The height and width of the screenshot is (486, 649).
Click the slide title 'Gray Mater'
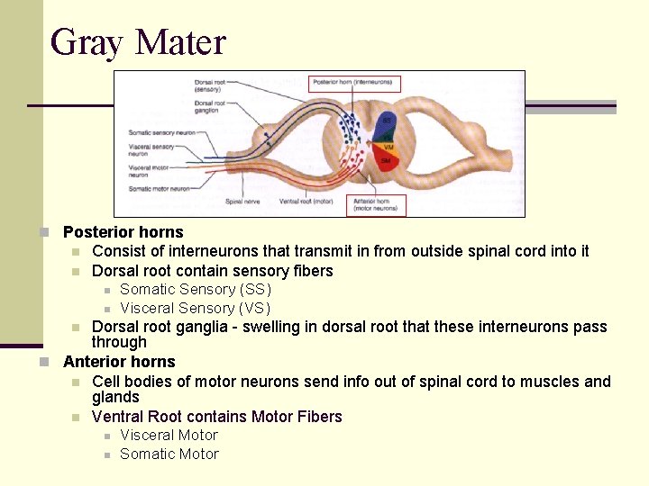pyautogui.click(x=138, y=42)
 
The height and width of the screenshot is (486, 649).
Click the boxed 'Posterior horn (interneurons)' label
pyautogui.click(x=353, y=83)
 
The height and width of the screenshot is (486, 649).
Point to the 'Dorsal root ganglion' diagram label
pyautogui.click(x=209, y=106)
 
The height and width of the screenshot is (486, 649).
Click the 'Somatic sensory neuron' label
pyautogui.click(x=161, y=132)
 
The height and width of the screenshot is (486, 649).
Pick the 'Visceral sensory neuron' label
pyautogui.click(x=151, y=149)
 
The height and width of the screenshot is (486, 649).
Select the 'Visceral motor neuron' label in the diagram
pyautogui.click(x=151, y=171)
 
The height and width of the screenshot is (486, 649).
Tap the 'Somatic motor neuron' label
pyautogui.click(x=159, y=188)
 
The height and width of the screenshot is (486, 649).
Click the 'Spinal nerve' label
pyautogui.click(x=242, y=202)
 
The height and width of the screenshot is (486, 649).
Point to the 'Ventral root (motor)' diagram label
pyautogui.click(x=304, y=202)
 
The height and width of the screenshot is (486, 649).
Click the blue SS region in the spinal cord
pyautogui.click(x=387, y=121)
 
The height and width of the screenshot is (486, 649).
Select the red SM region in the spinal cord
pyautogui.click(x=386, y=160)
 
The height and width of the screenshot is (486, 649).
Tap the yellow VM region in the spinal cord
pyautogui.click(x=388, y=146)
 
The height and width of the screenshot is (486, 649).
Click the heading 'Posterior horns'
pyautogui.click(x=123, y=232)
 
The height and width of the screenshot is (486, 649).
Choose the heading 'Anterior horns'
pyautogui.click(x=119, y=362)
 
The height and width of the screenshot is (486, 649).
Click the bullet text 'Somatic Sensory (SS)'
pyautogui.click(x=195, y=290)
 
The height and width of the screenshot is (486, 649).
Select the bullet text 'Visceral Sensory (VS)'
pyautogui.click(x=195, y=308)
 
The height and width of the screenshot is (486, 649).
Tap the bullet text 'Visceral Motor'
pyautogui.click(x=169, y=436)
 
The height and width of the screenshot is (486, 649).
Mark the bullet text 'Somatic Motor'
pyautogui.click(x=169, y=454)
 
